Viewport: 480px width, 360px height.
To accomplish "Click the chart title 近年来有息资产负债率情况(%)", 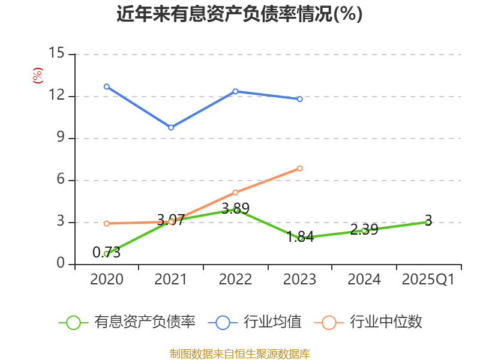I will (x=239, y=14).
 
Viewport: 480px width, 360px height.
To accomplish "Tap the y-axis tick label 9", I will (x=60, y=138).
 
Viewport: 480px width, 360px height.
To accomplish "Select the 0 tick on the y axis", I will (x=60, y=264).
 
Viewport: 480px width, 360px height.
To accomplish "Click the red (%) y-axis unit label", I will (x=37, y=76).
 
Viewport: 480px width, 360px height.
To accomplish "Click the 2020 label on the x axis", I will (x=106, y=280).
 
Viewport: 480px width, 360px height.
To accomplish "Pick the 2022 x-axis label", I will (x=235, y=280).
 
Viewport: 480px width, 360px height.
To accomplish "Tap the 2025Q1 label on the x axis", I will (x=428, y=280).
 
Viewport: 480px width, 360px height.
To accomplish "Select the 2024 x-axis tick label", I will (x=364, y=280).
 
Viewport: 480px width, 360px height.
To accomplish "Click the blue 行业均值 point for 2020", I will (x=106, y=86).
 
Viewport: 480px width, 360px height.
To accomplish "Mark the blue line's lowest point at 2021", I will (x=171, y=127).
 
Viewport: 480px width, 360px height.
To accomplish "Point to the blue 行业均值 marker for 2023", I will (x=300, y=98).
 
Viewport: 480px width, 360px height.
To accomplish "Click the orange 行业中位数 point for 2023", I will (x=300, y=168).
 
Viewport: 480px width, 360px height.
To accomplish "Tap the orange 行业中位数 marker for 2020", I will (x=106, y=223).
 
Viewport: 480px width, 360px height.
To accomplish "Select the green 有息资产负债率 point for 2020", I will (x=106, y=254).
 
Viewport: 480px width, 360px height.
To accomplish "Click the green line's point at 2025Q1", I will (x=428, y=222).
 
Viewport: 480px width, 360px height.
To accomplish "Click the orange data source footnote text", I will (x=239, y=353).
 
